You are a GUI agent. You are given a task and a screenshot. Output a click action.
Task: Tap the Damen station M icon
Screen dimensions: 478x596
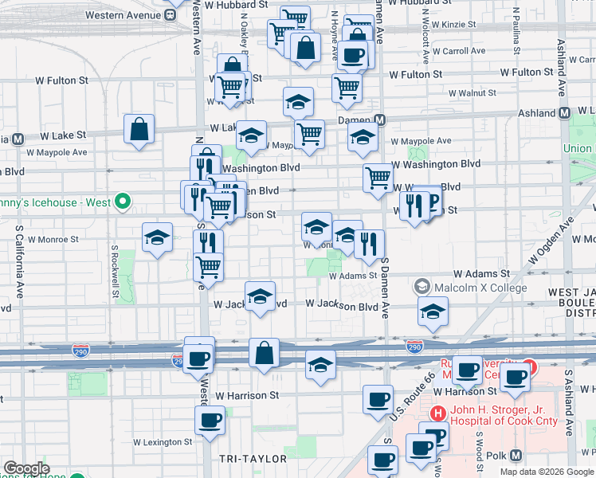(380, 120)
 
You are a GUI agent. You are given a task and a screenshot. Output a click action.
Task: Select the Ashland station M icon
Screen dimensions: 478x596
(563, 113)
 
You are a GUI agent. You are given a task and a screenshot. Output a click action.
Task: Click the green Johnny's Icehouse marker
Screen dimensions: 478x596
(122, 202)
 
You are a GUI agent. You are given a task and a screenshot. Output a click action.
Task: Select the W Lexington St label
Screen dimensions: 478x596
(162, 441)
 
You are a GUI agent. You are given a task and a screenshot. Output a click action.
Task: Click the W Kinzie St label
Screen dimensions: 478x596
(448, 25)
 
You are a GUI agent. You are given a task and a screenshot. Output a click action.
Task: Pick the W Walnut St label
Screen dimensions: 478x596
(472, 93)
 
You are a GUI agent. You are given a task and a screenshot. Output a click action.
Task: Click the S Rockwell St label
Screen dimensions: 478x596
(115, 271)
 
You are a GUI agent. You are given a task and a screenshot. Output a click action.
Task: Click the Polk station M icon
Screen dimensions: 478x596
(516, 455)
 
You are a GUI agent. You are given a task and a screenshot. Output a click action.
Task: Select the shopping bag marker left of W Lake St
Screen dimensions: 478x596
(139, 128)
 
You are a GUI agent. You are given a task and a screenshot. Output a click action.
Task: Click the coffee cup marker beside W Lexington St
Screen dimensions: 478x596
(210, 420)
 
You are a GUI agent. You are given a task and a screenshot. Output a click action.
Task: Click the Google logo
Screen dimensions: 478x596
(26, 468)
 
